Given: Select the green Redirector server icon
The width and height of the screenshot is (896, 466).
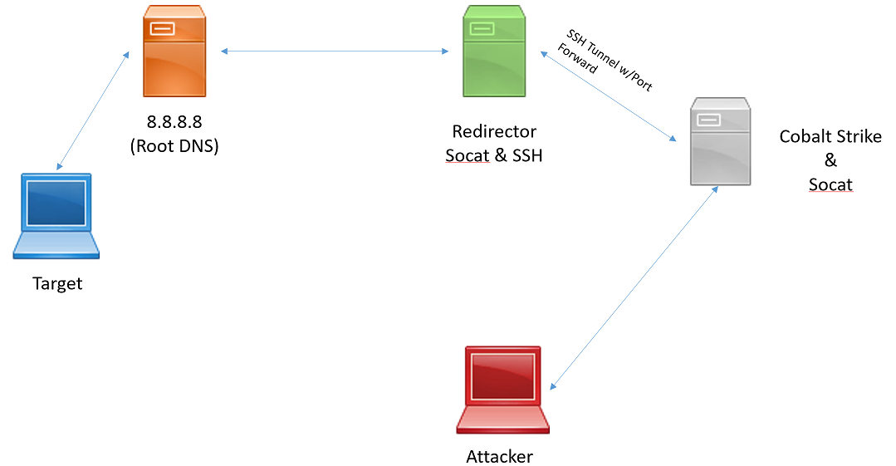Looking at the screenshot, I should (x=494, y=52).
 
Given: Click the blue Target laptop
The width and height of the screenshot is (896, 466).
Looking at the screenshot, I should (x=56, y=216).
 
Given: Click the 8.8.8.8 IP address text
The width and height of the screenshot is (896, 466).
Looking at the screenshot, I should (x=174, y=122).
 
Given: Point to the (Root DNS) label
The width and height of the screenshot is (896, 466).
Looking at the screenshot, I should (x=174, y=146).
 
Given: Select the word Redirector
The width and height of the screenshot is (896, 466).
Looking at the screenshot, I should (x=494, y=131).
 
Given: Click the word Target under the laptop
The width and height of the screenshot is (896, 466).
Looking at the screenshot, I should (x=57, y=284).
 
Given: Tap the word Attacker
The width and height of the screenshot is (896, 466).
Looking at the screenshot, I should (x=499, y=456).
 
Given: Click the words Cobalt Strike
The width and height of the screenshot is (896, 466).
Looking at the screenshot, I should (x=830, y=136).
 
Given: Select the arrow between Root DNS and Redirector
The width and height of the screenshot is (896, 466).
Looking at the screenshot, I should (x=335, y=52).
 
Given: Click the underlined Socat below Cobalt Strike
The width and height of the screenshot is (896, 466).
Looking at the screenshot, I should (x=830, y=184).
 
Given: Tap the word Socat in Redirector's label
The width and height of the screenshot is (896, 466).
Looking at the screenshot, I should (x=467, y=155).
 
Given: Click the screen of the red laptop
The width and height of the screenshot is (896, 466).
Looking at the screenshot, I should (x=502, y=378).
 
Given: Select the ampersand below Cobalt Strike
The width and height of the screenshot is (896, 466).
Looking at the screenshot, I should (x=830, y=160).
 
